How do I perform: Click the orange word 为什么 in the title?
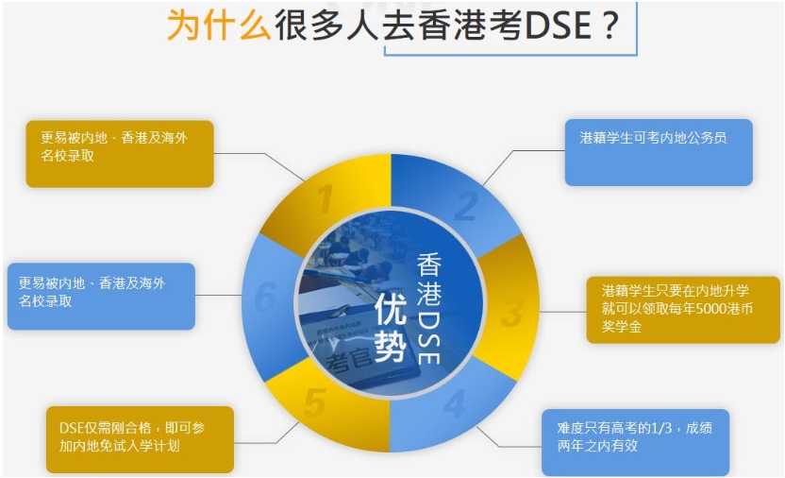218,26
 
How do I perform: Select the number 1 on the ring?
326,199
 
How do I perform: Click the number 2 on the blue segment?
465,206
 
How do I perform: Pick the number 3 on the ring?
511,313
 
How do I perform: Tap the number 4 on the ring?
455,403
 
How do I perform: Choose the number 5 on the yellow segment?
315,401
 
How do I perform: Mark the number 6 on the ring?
265,296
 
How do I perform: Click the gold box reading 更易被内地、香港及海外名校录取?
120,154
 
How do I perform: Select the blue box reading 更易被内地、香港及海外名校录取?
101,296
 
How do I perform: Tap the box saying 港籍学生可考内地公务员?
659,152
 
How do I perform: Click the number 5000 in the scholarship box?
718,309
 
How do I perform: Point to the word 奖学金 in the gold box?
622,327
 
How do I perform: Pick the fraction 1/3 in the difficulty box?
660,427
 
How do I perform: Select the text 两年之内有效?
597,446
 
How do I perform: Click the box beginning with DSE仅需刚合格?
140,439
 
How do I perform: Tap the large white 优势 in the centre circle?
391,327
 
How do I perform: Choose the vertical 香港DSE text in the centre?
429,308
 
